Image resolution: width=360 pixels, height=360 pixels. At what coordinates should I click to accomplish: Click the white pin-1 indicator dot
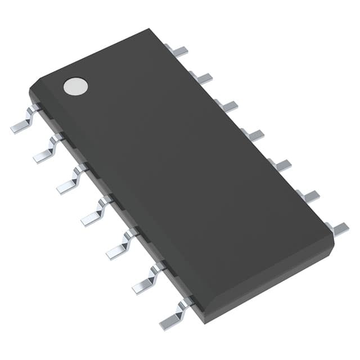point(76,85)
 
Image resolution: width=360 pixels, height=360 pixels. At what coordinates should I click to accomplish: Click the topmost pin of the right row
point(177,51)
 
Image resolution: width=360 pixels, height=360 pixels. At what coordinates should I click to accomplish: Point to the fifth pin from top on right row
point(281,165)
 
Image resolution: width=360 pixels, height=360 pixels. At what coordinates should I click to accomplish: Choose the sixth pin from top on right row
point(309,196)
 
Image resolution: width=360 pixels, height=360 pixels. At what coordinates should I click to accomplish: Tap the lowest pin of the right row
point(337,228)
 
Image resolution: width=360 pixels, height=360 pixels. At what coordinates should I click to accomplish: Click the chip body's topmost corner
point(150,29)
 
